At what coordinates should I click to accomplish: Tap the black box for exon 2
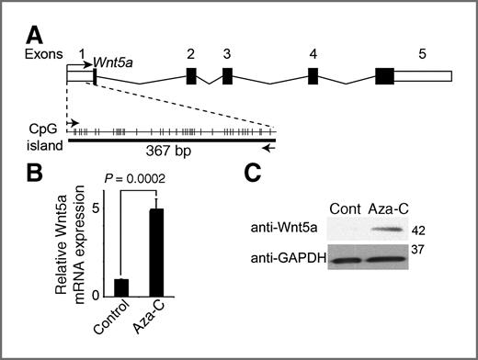pyautogui.click(x=191, y=76)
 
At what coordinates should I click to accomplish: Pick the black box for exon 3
pyautogui.click(x=227, y=76)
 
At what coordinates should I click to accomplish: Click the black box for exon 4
pyautogui.click(x=313, y=76)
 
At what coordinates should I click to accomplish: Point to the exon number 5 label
pyautogui.click(x=421, y=54)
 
